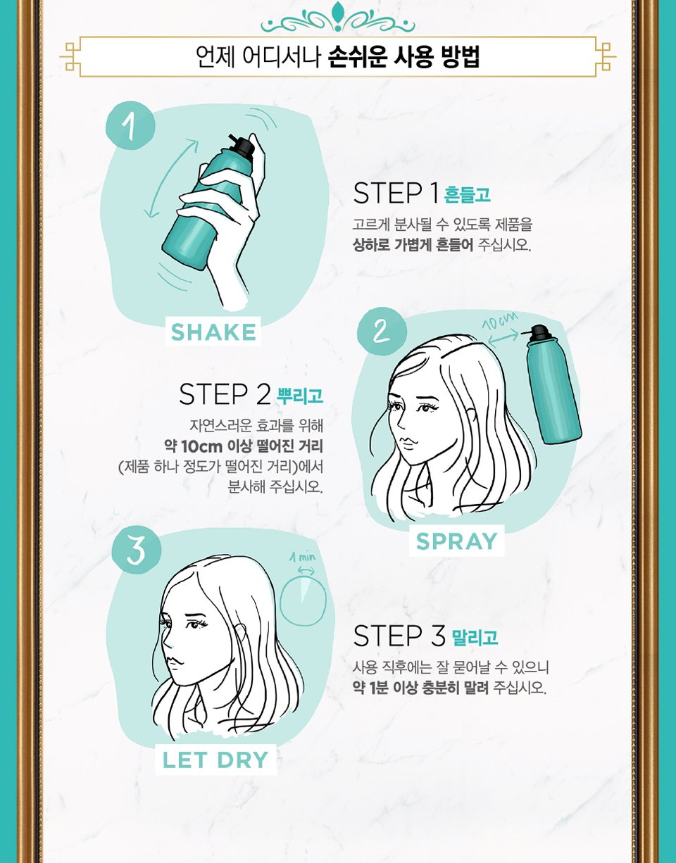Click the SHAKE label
point(213,332)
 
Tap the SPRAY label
point(456,541)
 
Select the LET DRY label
point(215,760)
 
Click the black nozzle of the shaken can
point(244,146)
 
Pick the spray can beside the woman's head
point(553,388)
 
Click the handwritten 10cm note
point(501,325)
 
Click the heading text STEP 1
point(396,193)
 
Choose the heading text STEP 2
point(225,395)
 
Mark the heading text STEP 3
point(399,636)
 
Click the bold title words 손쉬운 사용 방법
point(403,57)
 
